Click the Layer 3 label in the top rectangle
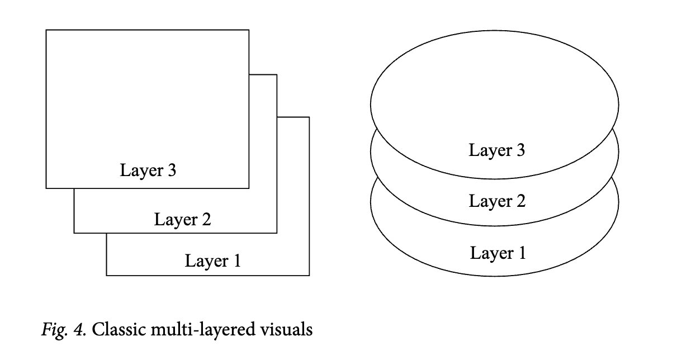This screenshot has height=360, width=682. pos(148,170)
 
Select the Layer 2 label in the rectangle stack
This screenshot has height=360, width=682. pos(182,219)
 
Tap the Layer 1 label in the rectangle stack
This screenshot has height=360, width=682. pos(212,260)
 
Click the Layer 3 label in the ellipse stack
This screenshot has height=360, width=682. pos(496,150)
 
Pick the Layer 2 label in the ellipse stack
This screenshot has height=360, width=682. pos(497,201)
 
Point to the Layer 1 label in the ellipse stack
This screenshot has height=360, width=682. pos(498,253)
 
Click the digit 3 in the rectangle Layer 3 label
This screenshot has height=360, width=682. pos(171,170)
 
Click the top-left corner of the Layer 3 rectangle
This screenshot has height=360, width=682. pos(46,30)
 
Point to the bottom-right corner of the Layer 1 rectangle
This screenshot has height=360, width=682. pos(309,275)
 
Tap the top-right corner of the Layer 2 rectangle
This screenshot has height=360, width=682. pos(277,74)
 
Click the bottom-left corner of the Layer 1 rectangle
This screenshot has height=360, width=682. pos(107,275)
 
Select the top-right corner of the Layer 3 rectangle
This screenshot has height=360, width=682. pos(249,30)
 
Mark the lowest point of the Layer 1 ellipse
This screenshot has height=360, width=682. pos(494,276)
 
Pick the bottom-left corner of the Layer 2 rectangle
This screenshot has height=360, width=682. pos(74,233)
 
